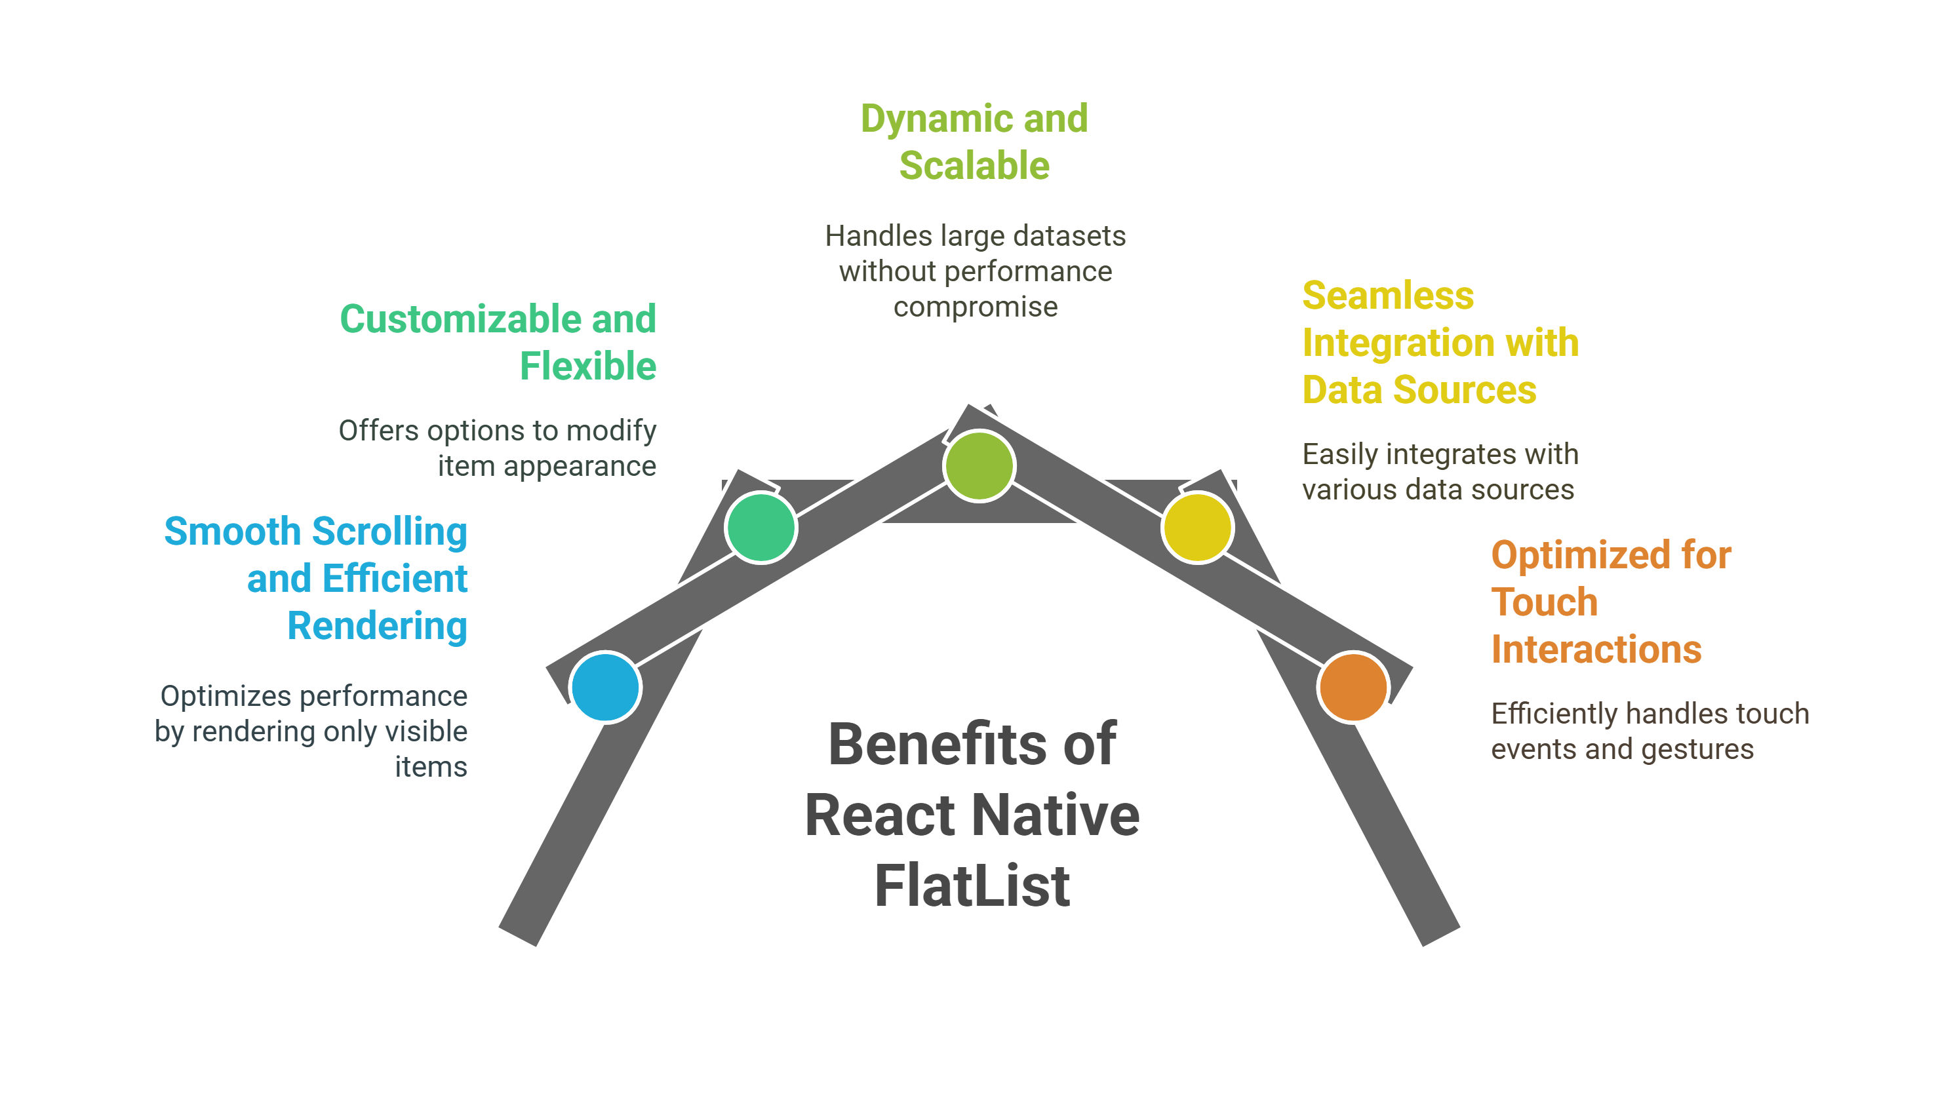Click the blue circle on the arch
606,687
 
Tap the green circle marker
761,527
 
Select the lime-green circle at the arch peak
979,465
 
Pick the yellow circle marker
1197,527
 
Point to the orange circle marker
1353,687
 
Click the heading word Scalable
974,166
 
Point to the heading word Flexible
587,366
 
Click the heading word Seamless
1388,296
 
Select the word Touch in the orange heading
1544,602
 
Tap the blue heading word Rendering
377,626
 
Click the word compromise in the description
975,307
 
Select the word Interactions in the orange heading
1596,650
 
